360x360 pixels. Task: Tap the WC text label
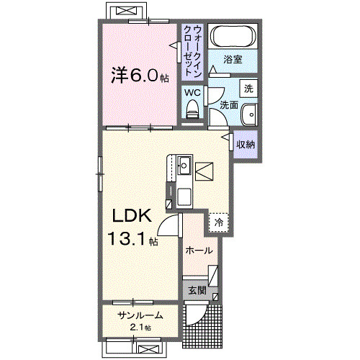point(192,93)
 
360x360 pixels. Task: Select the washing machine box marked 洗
point(248,89)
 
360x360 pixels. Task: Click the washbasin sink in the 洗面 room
point(248,114)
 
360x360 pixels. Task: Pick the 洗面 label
point(228,104)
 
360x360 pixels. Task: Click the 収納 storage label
point(246,144)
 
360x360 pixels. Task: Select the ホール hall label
point(199,251)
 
